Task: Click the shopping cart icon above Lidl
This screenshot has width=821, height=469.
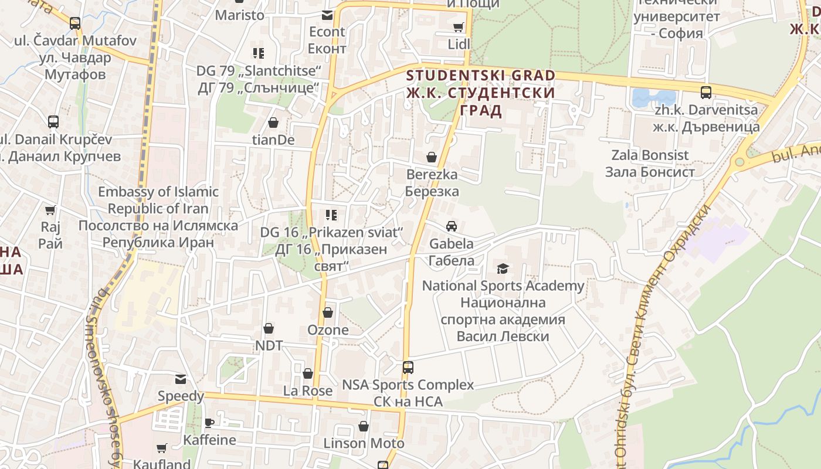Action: [458, 27]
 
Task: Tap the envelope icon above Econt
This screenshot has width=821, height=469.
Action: [327, 15]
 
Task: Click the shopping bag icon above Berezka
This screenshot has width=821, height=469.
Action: [432, 157]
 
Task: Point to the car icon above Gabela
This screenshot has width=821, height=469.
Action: [451, 226]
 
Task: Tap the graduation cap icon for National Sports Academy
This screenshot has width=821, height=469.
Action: [503, 269]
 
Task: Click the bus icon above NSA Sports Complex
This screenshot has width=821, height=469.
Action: [408, 368]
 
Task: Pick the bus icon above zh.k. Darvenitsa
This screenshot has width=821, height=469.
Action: [706, 93]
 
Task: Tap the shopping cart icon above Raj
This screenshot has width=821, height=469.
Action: [50, 210]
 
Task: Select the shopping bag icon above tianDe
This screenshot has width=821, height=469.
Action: [273, 123]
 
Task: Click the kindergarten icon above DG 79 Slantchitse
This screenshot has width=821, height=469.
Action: [259, 53]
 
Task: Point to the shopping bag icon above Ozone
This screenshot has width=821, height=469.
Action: [328, 312]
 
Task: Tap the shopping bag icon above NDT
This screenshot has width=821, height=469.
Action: [269, 328]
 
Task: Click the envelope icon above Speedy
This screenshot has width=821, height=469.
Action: [180, 379]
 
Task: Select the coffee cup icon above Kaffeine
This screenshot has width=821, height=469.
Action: [209, 423]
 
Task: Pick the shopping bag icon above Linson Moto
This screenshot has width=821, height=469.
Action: [364, 426]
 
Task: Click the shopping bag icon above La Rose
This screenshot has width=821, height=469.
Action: [308, 373]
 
